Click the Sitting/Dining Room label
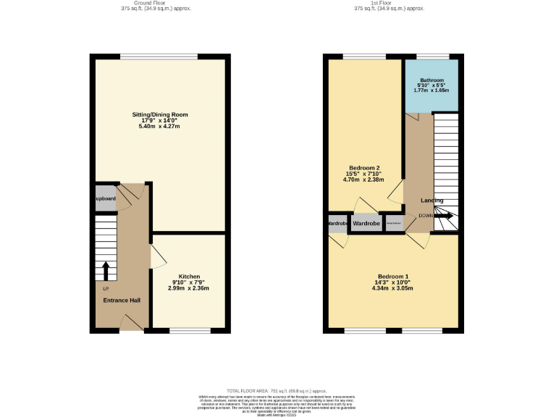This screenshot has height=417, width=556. pyautogui.click(x=159, y=114)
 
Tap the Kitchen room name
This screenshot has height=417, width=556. pyautogui.click(x=190, y=277)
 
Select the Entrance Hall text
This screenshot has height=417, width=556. pyautogui.click(x=122, y=300)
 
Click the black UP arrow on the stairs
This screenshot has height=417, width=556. pyautogui.click(x=106, y=271)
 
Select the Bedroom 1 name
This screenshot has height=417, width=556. pyautogui.click(x=393, y=277)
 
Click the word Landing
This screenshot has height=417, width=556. pyautogui.click(x=432, y=201)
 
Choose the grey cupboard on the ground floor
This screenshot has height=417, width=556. pyautogui.click(x=106, y=199)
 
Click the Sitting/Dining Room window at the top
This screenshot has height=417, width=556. pyautogui.click(x=159, y=56)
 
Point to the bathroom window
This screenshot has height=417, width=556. pyautogui.click(x=432, y=56)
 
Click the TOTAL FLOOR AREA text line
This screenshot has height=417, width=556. pyautogui.click(x=278, y=389)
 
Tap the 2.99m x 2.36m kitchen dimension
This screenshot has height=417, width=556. pyautogui.click(x=189, y=288)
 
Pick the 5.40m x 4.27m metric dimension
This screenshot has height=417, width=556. pyautogui.click(x=159, y=127)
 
